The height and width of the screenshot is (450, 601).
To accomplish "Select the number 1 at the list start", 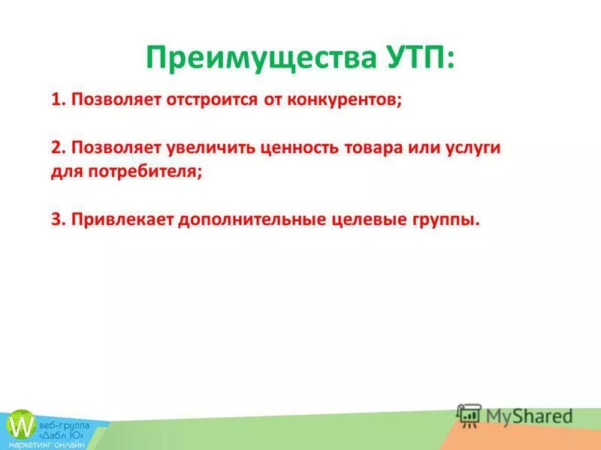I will [x=56, y=100].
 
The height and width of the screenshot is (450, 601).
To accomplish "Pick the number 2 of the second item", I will [x=56, y=148].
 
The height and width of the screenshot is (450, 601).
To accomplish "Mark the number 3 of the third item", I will [x=56, y=220].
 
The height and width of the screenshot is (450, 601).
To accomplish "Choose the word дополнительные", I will [x=243, y=220].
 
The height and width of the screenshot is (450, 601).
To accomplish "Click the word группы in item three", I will [x=445, y=220].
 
